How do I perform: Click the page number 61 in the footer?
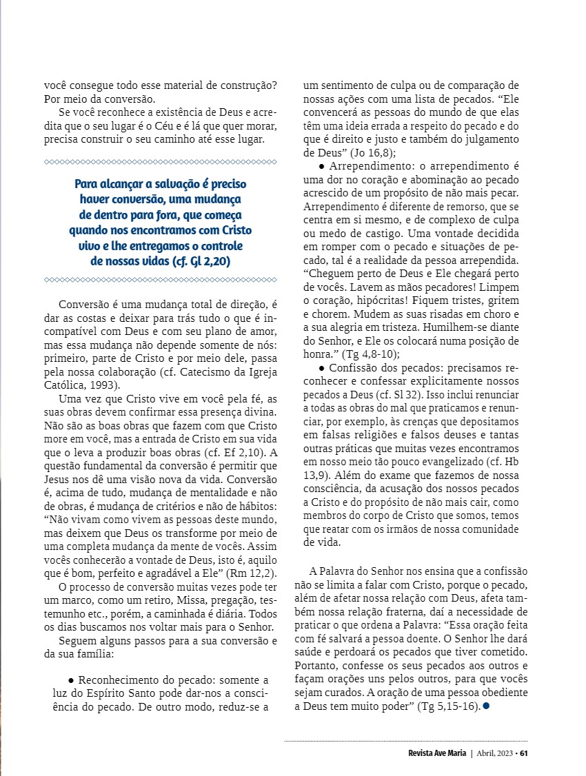pos(524,753)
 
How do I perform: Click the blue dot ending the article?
pos(487,707)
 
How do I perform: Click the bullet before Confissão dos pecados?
pos(321,369)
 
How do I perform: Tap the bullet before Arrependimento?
pos(321,167)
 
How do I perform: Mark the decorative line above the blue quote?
pos(160,161)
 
